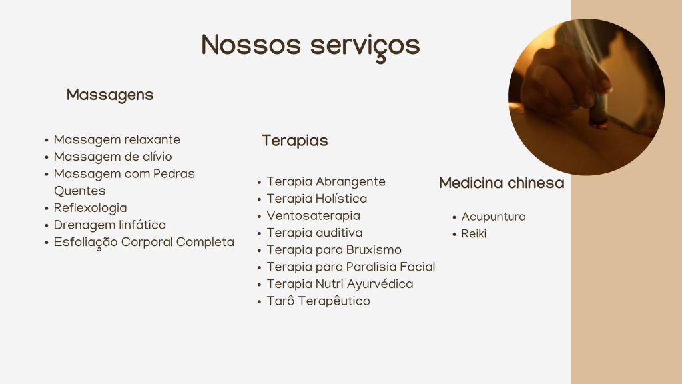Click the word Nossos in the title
point(251,45)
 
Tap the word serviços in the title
point(365,47)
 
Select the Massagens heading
point(110,95)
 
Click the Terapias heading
point(294,141)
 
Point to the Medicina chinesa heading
point(502,183)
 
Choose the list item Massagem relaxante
point(117,140)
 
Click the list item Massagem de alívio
point(113,157)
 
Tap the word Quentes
point(80,191)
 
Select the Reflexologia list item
point(90,208)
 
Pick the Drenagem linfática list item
point(110,225)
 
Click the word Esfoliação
point(85,243)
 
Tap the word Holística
point(342,199)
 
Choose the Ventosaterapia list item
point(313,216)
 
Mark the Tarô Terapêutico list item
point(318,301)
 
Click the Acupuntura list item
point(494,217)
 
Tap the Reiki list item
point(474,234)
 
